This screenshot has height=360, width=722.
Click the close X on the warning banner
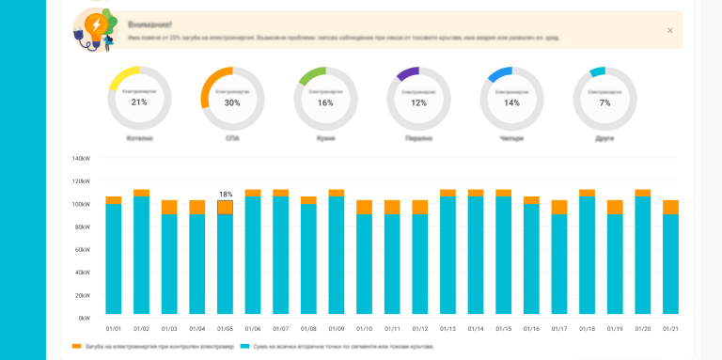tap(669, 30)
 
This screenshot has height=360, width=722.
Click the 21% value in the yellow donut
tap(139, 102)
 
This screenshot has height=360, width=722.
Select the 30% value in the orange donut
tap(232, 102)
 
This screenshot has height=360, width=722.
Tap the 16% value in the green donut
tap(325, 102)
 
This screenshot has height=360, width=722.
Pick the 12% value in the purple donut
tap(418, 102)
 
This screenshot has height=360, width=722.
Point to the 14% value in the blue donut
tap(511, 102)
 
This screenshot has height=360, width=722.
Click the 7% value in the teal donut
tap(604, 102)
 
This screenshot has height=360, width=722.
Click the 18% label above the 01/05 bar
tap(226, 194)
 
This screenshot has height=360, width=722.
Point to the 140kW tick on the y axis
tap(81, 159)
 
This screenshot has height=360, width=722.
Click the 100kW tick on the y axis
tap(81, 204)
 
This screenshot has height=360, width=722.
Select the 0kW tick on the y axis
tap(84, 318)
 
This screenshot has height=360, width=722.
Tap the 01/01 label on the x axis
tap(114, 329)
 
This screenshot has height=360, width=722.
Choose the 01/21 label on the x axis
tap(670, 329)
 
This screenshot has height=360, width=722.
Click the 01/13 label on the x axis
tap(447, 329)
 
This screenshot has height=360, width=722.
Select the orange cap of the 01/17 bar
tap(559, 207)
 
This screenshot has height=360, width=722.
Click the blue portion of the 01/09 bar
tap(337, 254)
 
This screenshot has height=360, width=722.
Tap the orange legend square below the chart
tap(77, 346)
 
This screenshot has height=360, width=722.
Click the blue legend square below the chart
tap(245, 346)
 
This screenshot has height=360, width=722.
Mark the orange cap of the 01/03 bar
tap(169, 207)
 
